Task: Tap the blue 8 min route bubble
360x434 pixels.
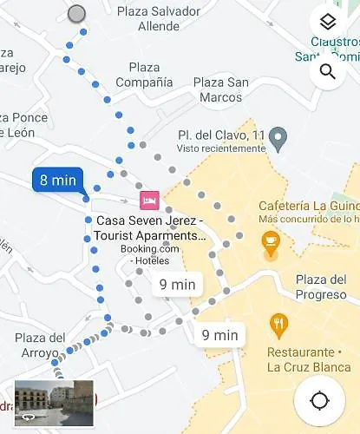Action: [x=58, y=181]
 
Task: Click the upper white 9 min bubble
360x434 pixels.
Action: [x=177, y=284]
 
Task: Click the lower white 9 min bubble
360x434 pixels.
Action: [x=219, y=334]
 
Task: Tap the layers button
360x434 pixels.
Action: [x=327, y=23]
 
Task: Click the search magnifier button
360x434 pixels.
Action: [x=327, y=71]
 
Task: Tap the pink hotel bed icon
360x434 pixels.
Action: [x=149, y=201]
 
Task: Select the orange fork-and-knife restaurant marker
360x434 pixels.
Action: [x=278, y=325]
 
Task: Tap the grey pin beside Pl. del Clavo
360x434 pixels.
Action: [x=278, y=136]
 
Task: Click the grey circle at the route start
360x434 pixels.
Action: [x=76, y=13]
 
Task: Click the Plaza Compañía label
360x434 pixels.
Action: [x=144, y=75]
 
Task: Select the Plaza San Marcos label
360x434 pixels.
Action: [x=220, y=89]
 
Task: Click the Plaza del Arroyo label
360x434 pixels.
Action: [x=40, y=345]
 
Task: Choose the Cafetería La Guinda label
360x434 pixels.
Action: [x=308, y=206]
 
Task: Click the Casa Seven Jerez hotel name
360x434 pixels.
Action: [x=151, y=227]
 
